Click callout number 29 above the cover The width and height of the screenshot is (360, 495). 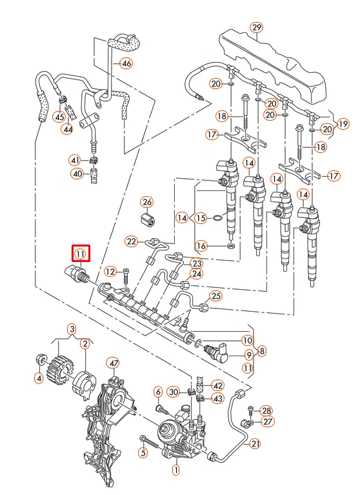click(x=257, y=27)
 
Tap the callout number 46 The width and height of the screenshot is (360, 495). click(x=126, y=63)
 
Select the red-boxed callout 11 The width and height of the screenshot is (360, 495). click(x=80, y=253)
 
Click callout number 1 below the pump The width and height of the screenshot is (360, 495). click(x=175, y=470)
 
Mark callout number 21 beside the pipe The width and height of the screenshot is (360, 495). click(x=255, y=443)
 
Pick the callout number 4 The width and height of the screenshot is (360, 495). click(x=38, y=378)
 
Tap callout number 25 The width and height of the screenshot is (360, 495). click(x=215, y=296)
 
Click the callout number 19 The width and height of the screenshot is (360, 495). click(x=343, y=123)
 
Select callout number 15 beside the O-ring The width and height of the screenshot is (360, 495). click(x=201, y=219)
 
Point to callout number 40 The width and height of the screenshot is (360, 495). click(x=77, y=174)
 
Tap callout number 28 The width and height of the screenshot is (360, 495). click(x=267, y=410)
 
